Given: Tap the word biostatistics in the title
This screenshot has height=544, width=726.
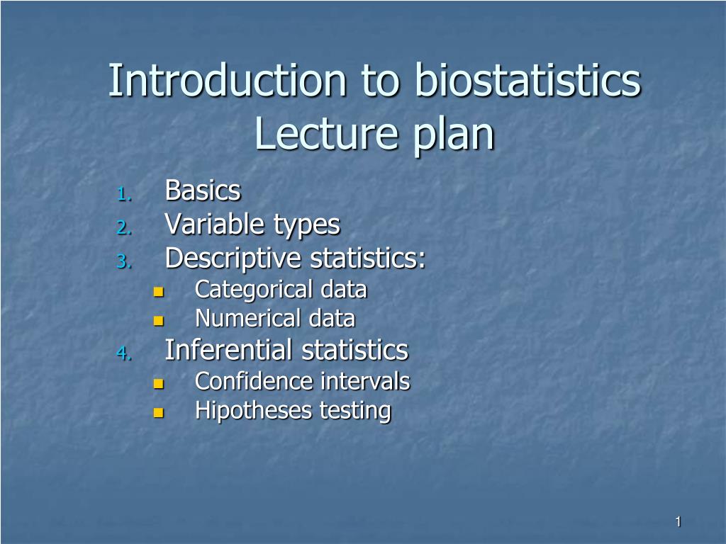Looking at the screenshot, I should (x=527, y=81).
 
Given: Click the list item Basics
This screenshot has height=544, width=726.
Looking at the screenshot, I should (x=203, y=191).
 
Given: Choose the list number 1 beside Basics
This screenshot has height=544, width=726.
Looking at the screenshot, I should (x=123, y=193).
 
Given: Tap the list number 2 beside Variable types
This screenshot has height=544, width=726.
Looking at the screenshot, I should (x=123, y=228).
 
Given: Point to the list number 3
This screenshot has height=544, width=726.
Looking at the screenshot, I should (x=123, y=262).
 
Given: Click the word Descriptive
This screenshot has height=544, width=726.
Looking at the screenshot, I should (x=233, y=260).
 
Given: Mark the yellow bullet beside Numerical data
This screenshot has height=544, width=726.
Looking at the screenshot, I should (x=158, y=321).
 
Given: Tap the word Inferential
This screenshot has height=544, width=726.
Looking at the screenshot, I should (x=229, y=350).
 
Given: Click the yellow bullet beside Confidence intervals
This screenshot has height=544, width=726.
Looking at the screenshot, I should (x=158, y=384).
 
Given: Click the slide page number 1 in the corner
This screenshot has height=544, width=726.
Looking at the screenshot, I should (x=678, y=522).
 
